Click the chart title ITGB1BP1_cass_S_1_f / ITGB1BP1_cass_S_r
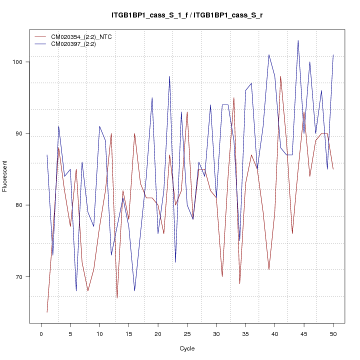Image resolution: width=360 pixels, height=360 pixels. point(187,15)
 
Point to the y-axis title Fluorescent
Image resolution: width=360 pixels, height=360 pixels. point(5,176)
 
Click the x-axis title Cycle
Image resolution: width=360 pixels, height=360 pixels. point(187,348)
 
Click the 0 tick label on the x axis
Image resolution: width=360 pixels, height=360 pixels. point(41,333)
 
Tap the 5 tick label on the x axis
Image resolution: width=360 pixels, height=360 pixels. point(70,333)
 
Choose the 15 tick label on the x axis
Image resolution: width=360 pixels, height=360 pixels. point(128,333)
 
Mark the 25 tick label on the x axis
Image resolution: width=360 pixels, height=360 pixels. point(187,333)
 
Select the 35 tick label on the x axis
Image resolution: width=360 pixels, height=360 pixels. point(245,333)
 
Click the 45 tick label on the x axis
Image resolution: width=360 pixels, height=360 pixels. point(304,333)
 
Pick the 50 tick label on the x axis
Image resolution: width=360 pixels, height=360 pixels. point(333,333)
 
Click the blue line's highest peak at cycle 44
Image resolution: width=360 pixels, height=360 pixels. point(298,40)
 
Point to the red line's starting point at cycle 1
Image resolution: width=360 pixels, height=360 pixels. point(47,312)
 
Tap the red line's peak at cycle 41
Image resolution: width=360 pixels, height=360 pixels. point(280,76)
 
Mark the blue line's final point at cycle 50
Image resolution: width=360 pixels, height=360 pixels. point(333,55)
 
